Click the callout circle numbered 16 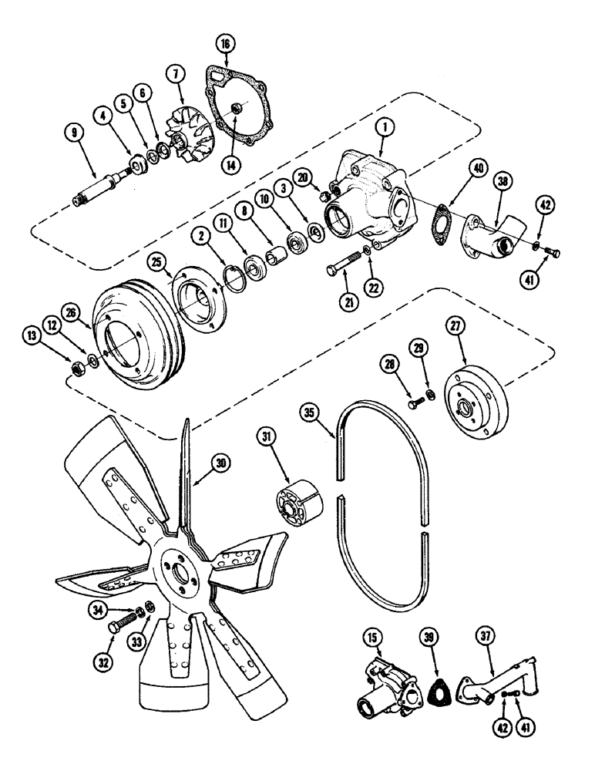pos(225,45)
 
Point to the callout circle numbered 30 pos(221,463)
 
